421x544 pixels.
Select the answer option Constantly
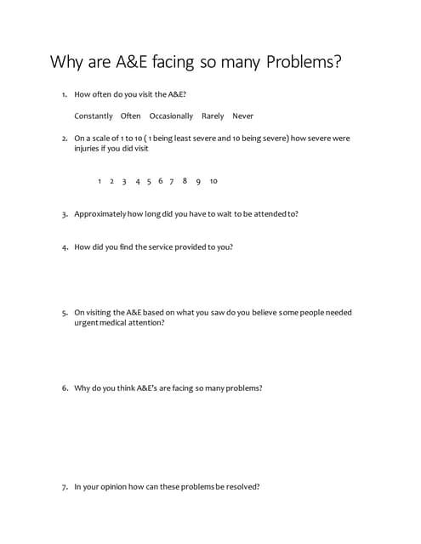(x=94, y=116)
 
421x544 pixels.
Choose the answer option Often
(x=131, y=116)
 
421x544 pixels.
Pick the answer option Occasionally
(x=171, y=116)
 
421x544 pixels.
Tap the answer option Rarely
(x=213, y=116)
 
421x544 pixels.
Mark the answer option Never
(x=243, y=116)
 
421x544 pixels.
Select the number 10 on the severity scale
(x=213, y=181)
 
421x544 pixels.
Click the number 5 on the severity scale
(x=149, y=181)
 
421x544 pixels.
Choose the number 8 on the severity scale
(x=185, y=181)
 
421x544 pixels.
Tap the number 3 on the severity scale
(x=124, y=181)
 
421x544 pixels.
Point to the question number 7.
(x=65, y=487)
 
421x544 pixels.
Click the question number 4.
(x=65, y=247)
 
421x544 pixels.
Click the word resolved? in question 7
(x=242, y=487)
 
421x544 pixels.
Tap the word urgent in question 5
(x=86, y=323)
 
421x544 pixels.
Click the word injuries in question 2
(x=88, y=149)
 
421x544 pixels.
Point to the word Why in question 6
(x=82, y=388)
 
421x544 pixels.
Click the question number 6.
(x=65, y=388)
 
